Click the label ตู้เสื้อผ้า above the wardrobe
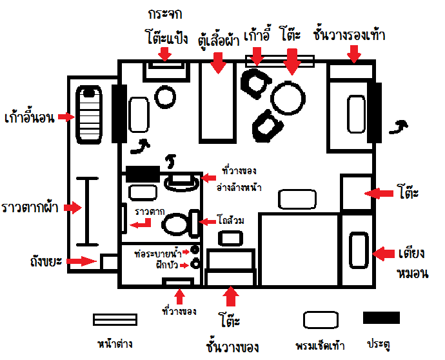(x=219, y=41)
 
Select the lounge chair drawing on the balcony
(x=89, y=114)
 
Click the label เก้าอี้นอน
(x=29, y=117)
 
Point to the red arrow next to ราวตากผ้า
(x=73, y=208)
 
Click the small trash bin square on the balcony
(x=109, y=263)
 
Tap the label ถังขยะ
(x=46, y=261)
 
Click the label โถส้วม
(x=230, y=220)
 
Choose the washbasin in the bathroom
(x=182, y=182)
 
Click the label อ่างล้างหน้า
(x=239, y=187)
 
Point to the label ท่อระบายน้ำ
(x=158, y=254)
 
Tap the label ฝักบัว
(x=167, y=265)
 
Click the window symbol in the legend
(x=115, y=320)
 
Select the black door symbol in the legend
(x=381, y=317)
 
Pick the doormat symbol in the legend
(x=321, y=320)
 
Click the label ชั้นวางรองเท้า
(x=349, y=35)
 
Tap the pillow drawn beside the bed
(x=359, y=250)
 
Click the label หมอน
(x=412, y=273)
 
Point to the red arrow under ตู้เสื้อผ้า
(x=218, y=63)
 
